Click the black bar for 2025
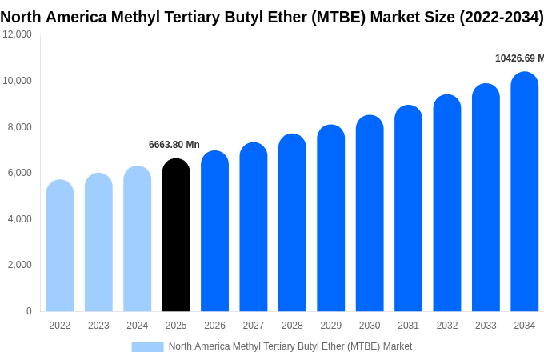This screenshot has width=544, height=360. point(176,235)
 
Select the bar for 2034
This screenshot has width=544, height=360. point(524,192)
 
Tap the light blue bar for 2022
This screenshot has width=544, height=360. point(60,246)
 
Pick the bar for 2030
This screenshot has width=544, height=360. point(370,214)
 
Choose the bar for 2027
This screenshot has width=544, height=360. point(254,227)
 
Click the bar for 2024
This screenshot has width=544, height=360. point(138,239)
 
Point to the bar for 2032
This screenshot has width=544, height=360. point(447,203)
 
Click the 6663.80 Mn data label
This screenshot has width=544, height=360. point(174,145)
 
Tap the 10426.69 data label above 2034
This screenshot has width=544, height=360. point(519,58)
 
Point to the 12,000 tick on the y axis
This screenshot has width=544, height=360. point(17,34)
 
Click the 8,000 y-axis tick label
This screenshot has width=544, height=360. point(20,126)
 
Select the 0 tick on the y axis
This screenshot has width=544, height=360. point(29,311)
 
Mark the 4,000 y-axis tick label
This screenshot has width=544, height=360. point(20,219)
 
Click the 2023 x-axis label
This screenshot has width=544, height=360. point(98,326)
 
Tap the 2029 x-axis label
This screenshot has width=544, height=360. point(331,326)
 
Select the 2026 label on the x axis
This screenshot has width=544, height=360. point(214,326)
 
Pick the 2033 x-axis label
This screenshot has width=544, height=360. point(486,326)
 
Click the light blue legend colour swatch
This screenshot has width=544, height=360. point(147,347)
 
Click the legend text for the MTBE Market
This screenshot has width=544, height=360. point(290,346)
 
